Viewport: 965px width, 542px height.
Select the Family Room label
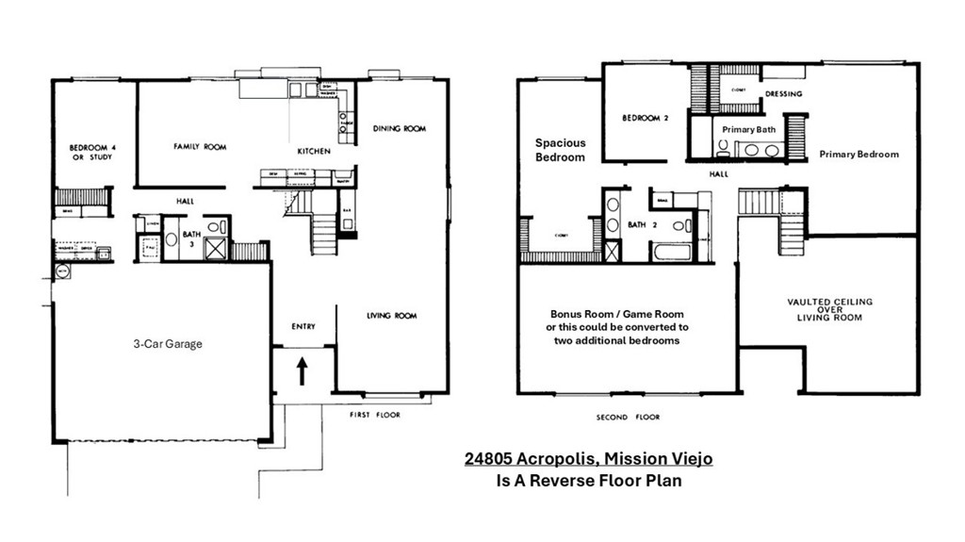click(x=200, y=147)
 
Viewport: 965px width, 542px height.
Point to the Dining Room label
click(x=400, y=128)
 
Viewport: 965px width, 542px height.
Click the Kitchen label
click(x=314, y=151)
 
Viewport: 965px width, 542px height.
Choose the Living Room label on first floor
click(x=391, y=316)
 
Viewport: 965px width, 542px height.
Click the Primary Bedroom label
click(x=859, y=154)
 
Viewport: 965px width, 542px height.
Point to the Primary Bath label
click(x=748, y=129)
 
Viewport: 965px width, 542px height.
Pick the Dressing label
click(x=783, y=94)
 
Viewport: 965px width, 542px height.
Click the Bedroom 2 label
click(x=645, y=119)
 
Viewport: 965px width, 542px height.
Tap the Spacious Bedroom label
click(x=560, y=150)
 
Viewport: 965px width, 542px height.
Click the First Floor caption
click(x=376, y=415)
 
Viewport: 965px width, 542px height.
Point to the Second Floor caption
click(x=629, y=417)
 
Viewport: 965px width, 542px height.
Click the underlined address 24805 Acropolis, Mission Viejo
click(x=588, y=459)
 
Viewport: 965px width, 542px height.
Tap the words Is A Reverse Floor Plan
click(x=588, y=480)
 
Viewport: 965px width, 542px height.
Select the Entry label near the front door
click(x=303, y=326)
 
